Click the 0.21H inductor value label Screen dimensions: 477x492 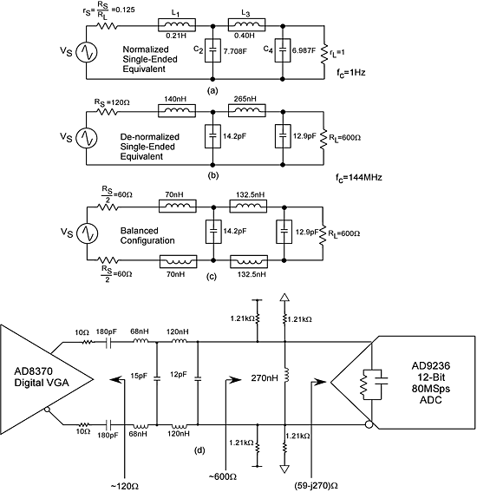point(176,36)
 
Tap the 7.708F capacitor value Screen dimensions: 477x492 point(235,50)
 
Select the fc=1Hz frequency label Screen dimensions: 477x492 point(351,73)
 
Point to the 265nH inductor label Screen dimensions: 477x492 point(245,99)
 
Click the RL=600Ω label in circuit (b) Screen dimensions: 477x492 point(344,137)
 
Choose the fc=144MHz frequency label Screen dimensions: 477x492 point(359,178)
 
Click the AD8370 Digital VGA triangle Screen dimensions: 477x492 point(47,379)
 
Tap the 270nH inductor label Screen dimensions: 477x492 point(265,378)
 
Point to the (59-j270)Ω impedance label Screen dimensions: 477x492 point(316,485)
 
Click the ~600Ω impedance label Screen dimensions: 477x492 point(223,476)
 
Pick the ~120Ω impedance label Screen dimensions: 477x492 point(125,486)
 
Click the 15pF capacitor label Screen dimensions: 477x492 point(139,376)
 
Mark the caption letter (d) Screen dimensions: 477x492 point(199,450)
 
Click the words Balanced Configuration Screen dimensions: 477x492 point(147,236)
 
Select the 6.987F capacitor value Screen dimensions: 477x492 point(304,50)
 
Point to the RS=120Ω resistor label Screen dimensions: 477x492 point(112,102)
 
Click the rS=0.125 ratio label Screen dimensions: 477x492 point(108,12)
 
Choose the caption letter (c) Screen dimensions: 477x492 point(212,277)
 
